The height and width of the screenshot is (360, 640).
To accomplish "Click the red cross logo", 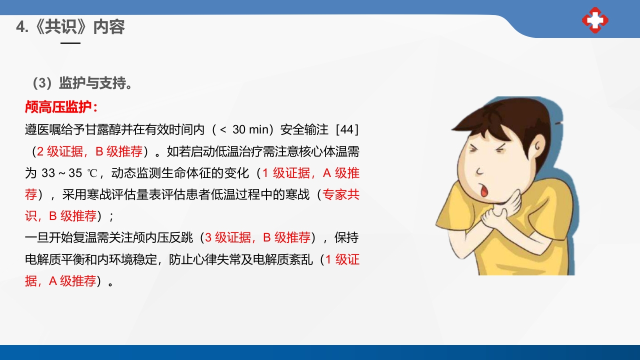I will tap(595, 20).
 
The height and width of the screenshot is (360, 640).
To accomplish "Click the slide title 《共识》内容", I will tap(70, 26).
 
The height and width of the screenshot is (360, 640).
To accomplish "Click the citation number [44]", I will tap(347, 129).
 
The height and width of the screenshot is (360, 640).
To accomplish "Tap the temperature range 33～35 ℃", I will tap(62, 173).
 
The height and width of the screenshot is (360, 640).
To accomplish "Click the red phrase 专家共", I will tap(341, 195).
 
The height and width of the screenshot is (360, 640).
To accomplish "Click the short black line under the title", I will tap(70, 43).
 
